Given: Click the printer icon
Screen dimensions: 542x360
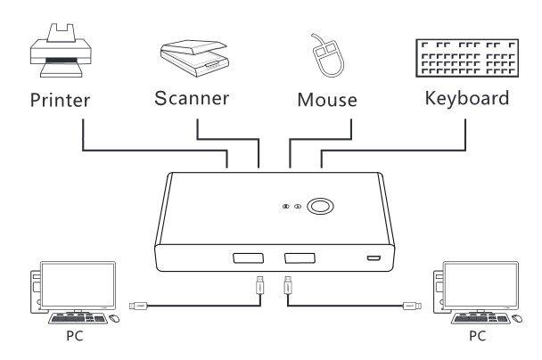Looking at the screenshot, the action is click(61, 51).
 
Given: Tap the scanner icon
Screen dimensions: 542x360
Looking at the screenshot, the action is click(194, 58).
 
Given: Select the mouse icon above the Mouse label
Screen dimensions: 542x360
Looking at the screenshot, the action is click(327, 55).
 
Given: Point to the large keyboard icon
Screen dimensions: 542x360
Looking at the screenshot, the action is click(467, 58).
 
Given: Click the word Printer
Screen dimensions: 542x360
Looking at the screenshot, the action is click(60, 100).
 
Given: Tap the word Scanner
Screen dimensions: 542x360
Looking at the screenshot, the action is click(192, 98).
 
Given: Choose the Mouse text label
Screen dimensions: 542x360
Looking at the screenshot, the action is click(327, 100).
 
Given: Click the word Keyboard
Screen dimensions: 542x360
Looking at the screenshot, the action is click(467, 98).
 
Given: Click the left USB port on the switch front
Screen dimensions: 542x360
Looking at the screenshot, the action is click(248, 258).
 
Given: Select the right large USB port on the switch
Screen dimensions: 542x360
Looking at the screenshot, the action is click(300, 258).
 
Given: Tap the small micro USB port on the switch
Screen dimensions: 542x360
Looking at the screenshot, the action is click(374, 258).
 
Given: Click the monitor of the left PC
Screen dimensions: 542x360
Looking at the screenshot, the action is click(78, 285).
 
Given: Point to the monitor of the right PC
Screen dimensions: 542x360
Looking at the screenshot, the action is click(480, 285).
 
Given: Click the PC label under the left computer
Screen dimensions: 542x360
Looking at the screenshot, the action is click(75, 336).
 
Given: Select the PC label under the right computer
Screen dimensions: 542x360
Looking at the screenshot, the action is click(477, 336).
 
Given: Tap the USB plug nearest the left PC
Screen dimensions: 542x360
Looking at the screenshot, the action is click(138, 306).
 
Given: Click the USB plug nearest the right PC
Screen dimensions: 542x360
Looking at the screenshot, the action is click(412, 306).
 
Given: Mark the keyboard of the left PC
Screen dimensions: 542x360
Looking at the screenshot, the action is click(78, 318).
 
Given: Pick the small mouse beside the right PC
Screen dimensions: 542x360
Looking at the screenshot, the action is click(517, 318).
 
